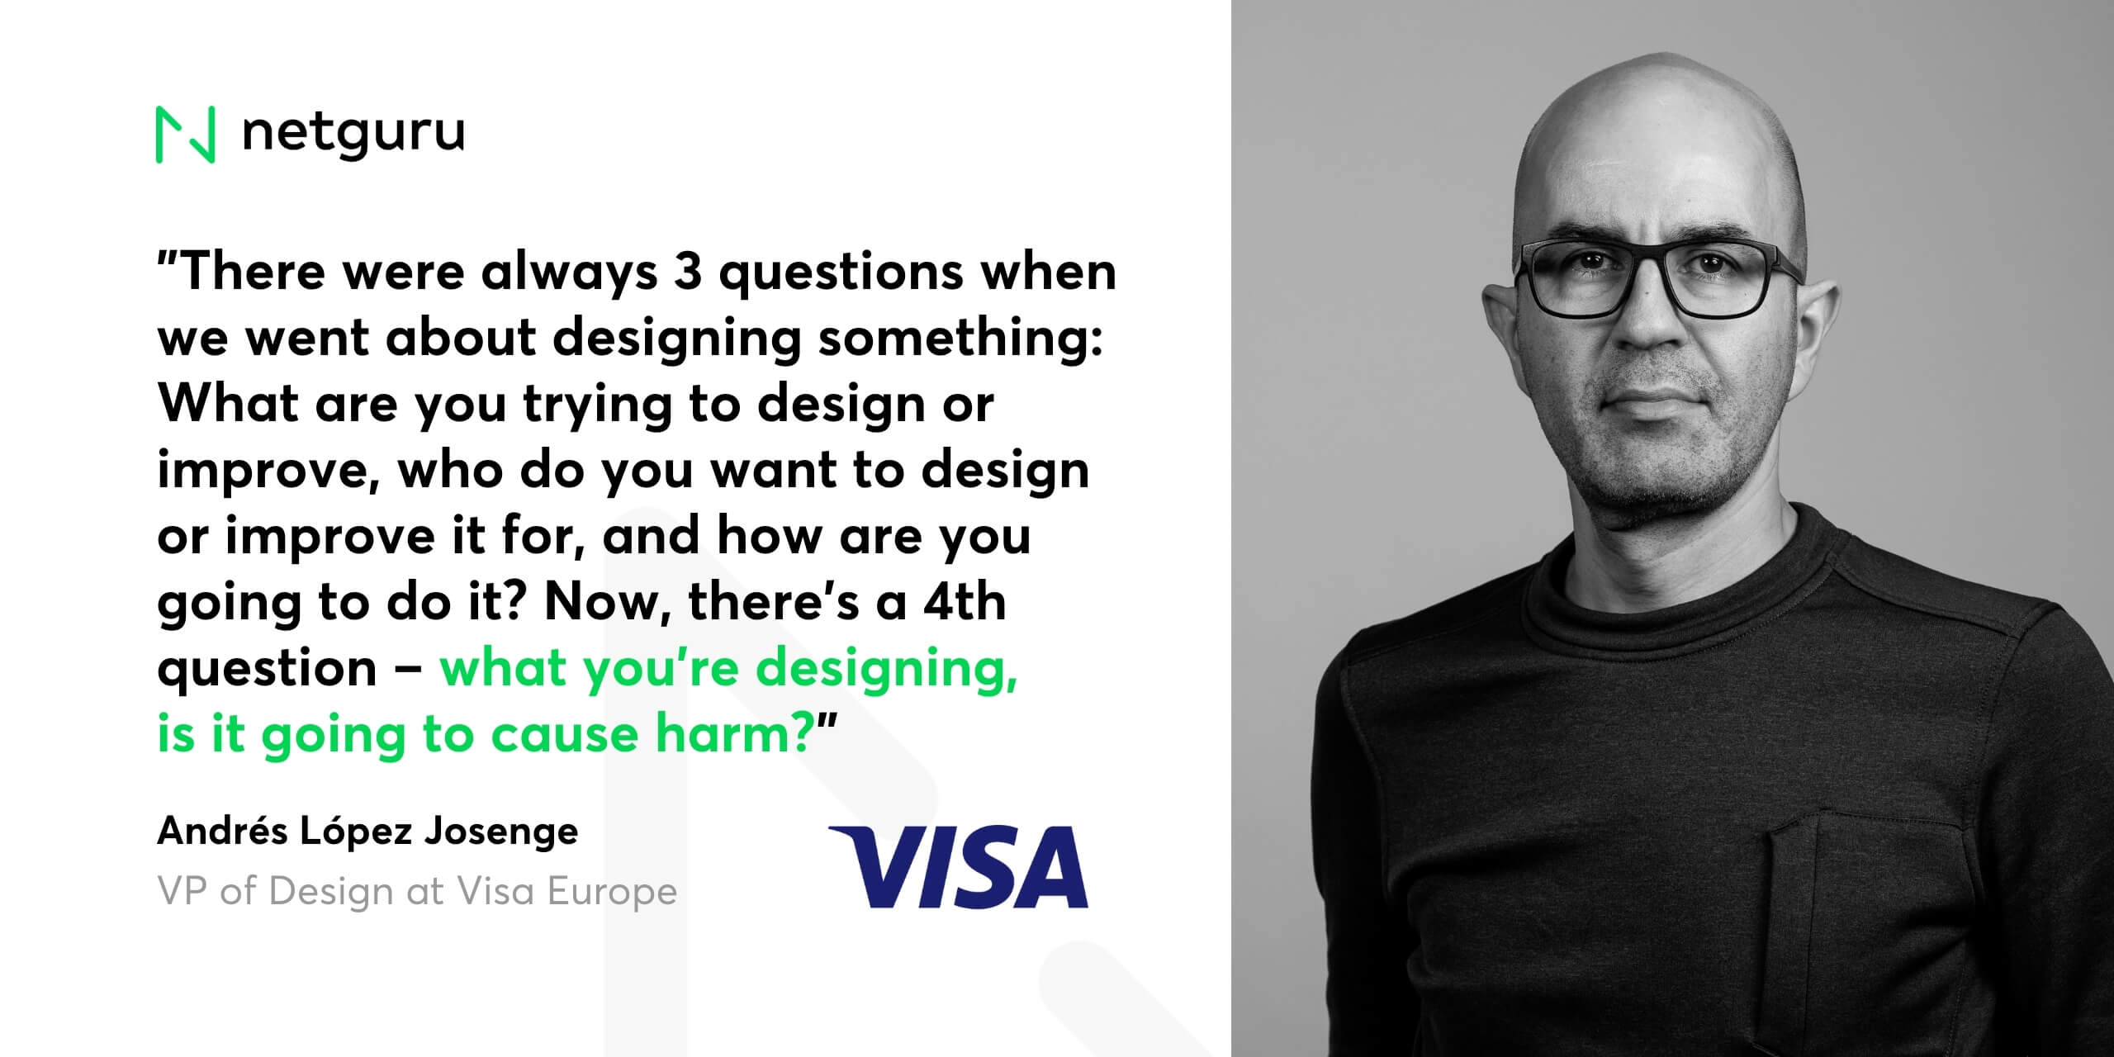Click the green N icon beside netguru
pos(186,135)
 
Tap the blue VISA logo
pos(960,866)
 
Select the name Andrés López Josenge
pos(368,830)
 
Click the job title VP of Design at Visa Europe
pos(418,891)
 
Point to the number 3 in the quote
pos(687,271)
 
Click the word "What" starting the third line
pos(228,403)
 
